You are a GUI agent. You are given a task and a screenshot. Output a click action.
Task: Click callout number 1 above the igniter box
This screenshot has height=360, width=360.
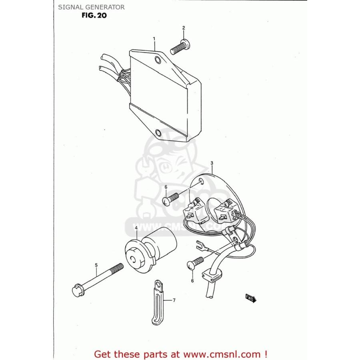point(154,39)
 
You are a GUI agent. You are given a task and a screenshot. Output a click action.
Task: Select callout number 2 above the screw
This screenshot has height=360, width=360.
point(184,28)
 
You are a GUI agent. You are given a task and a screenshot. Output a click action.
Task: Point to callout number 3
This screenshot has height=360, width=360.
point(212,163)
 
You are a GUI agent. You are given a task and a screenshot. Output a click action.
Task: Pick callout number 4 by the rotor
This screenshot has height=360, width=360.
point(136,228)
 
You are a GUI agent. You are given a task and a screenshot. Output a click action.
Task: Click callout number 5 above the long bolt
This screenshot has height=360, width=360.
point(96,265)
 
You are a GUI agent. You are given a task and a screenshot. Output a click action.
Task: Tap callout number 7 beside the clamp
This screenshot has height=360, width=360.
point(174,300)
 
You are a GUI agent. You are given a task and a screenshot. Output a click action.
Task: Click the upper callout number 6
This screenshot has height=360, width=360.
point(166,187)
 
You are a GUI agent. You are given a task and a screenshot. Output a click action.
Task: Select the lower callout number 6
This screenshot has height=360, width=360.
point(192,280)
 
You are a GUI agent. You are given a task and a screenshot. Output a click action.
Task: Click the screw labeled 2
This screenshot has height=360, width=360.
point(180,47)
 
